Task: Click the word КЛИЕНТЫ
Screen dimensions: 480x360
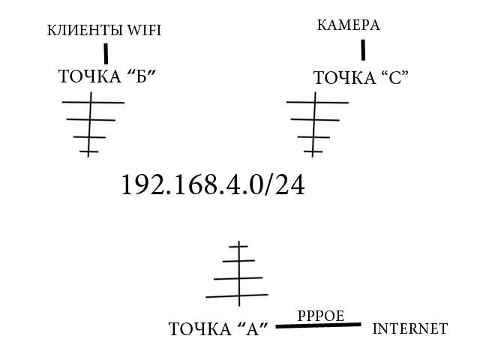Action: point(85,31)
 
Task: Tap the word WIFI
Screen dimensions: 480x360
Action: point(144,30)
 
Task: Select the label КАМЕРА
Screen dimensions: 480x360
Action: point(348,25)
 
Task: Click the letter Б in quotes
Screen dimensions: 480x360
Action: point(141,76)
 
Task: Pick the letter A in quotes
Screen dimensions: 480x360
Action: point(253,329)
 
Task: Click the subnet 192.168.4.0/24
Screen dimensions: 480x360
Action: point(213,184)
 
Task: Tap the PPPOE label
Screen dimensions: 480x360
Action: point(321,316)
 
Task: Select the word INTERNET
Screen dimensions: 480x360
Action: point(410,329)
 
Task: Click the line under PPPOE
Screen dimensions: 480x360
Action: point(318,325)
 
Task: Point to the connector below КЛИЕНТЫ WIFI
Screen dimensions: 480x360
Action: point(106,53)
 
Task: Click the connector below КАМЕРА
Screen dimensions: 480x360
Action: point(363,50)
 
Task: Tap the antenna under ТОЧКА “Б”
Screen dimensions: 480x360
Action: point(93,124)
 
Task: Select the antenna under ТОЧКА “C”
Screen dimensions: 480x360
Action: point(317,124)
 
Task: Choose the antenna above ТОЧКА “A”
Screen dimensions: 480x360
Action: point(237,274)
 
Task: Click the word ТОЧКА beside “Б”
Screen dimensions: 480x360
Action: point(90,76)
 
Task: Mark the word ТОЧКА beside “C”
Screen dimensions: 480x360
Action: point(344,78)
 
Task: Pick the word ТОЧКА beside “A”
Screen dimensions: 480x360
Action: point(200,329)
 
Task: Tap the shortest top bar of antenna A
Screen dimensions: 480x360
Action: point(238,246)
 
